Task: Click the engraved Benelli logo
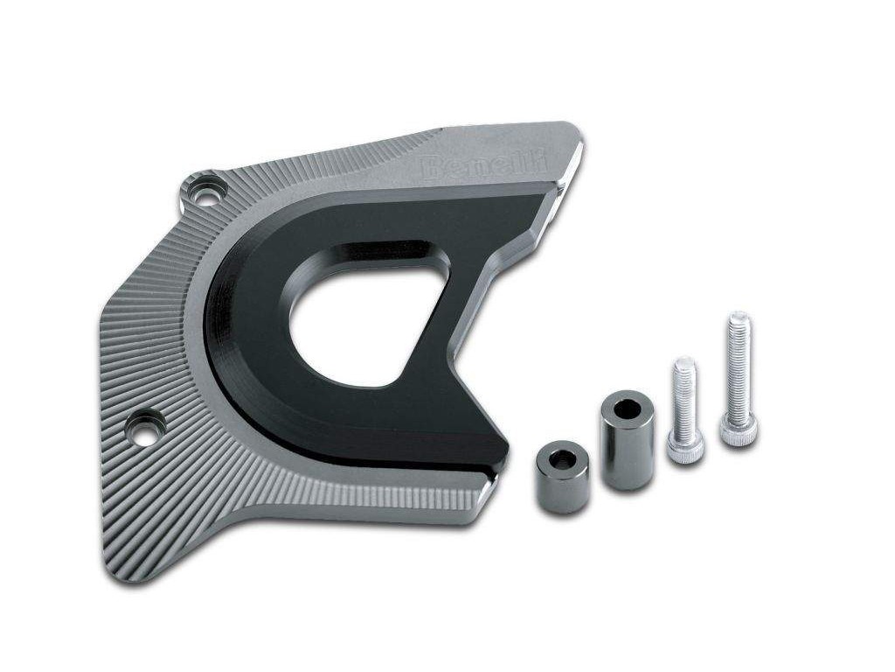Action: (483, 164)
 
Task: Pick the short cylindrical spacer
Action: (562, 479)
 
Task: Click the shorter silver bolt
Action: (684, 409)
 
